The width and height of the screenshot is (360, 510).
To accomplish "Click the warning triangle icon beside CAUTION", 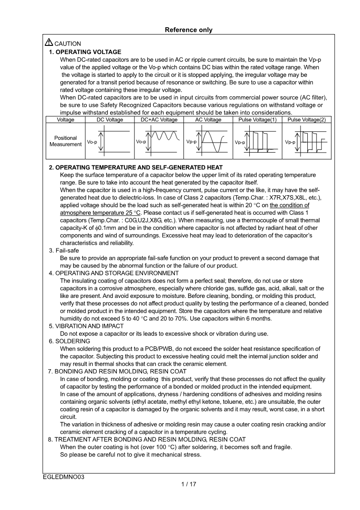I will click(x=49, y=43).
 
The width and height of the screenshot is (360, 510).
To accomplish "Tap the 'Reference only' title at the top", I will click(x=188, y=30).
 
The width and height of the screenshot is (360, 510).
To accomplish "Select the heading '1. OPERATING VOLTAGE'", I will click(x=85, y=52).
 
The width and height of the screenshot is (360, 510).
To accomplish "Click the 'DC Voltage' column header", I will click(x=110, y=120).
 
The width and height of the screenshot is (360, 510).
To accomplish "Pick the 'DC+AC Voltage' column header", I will click(x=159, y=120).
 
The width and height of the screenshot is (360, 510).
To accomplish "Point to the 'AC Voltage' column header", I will click(x=208, y=120).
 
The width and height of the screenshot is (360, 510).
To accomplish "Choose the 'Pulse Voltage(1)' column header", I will click(x=257, y=120).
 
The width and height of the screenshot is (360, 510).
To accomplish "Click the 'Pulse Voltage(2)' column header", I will click(x=307, y=120).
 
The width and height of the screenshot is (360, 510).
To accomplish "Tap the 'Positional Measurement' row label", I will click(x=65, y=141).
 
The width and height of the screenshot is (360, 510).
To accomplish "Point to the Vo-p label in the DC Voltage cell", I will click(x=92, y=142).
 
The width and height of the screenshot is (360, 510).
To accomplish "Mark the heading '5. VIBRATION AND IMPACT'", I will click(x=86, y=326).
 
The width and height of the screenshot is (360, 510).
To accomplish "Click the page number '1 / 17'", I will click(x=188, y=484).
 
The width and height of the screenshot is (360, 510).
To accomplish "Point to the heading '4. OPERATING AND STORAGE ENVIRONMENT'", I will click(x=113, y=273).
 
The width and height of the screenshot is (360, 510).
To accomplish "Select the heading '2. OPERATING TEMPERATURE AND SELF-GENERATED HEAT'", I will click(x=136, y=168).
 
